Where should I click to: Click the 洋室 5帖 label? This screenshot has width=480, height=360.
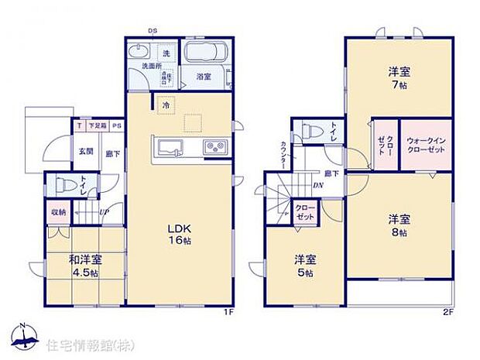point(303,266)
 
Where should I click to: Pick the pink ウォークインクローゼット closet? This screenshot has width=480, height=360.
point(424,144)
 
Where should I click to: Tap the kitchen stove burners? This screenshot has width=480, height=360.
point(214,147)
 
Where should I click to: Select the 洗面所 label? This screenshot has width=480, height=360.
point(152,67)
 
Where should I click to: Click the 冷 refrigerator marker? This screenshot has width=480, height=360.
point(165,103)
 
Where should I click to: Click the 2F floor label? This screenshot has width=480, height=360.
point(447,312)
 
